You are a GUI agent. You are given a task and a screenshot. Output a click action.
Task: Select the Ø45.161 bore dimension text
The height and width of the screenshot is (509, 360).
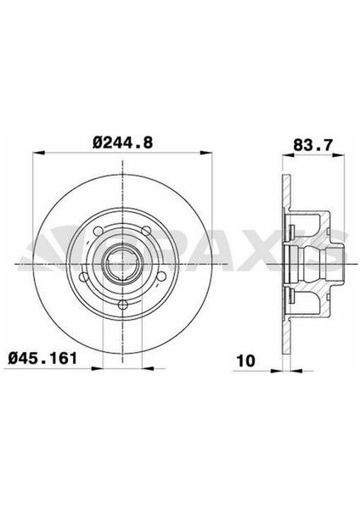(x=48, y=358)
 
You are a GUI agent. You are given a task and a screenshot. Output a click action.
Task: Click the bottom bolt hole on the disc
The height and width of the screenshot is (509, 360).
(x=122, y=304)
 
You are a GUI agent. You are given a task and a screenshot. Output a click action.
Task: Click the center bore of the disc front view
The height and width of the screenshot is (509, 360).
(x=122, y=264)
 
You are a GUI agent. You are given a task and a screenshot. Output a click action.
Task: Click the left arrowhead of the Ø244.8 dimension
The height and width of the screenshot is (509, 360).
(x=36, y=155)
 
